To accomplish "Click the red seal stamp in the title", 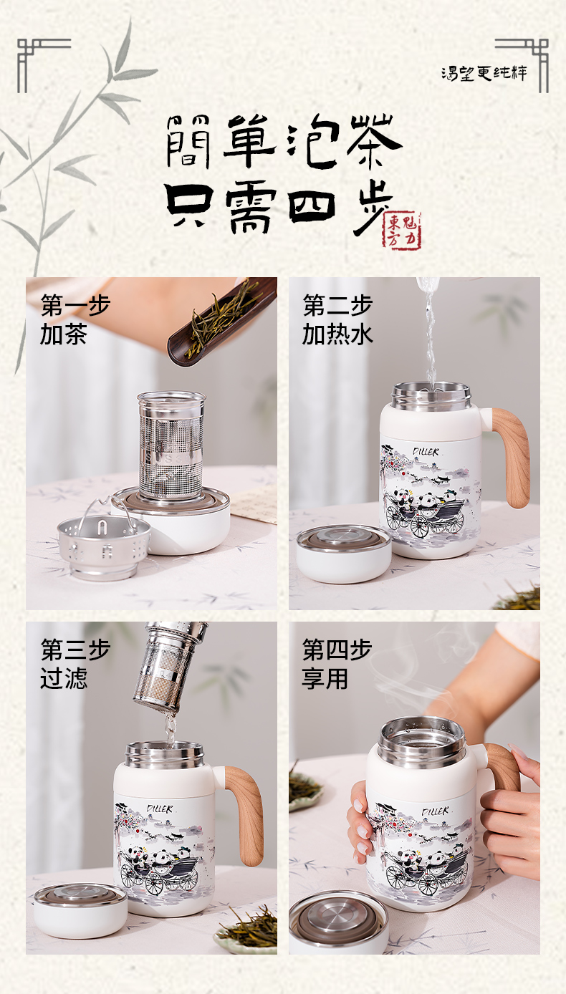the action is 402,231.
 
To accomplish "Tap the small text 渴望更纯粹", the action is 484,73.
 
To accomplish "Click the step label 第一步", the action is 75,305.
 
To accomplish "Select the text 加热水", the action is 337,334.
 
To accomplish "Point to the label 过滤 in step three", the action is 64,678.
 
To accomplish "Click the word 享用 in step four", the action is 325,678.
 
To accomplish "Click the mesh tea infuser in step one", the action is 171,446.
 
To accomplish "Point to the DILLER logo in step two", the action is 426,452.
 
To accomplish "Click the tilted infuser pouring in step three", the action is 171,665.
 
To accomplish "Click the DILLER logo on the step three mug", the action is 160,809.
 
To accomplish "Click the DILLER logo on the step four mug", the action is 436,811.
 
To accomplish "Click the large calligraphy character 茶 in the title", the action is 373,141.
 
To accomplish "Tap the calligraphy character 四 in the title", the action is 311,207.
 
